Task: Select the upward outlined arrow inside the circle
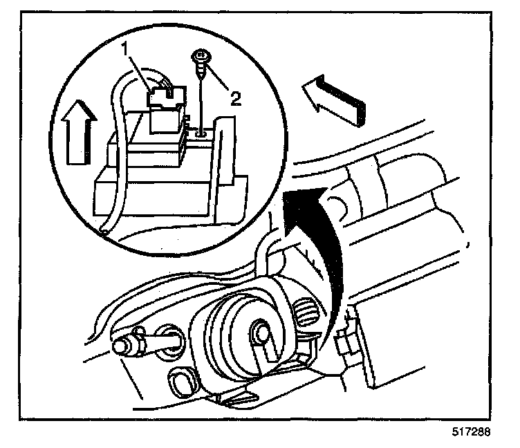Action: pos(77,137)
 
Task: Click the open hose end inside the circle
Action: pos(103,231)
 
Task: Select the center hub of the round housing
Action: pos(261,333)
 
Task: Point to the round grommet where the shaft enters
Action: pos(172,339)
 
